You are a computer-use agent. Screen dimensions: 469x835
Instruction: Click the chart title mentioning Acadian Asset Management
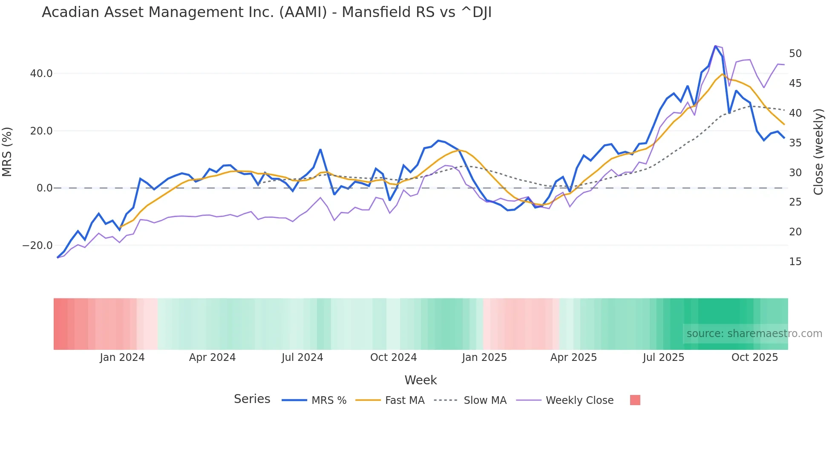point(267,12)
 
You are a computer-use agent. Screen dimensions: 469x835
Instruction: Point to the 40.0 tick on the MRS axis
point(41,74)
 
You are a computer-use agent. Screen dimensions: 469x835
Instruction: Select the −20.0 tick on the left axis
point(37,246)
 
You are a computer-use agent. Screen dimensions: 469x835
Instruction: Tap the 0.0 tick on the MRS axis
point(45,188)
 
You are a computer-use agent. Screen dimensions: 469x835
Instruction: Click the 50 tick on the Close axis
point(795,54)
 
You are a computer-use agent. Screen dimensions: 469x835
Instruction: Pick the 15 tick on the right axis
point(795,262)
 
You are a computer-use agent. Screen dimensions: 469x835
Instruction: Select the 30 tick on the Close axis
point(795,173)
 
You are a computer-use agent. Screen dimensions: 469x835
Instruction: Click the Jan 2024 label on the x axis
point(122,357)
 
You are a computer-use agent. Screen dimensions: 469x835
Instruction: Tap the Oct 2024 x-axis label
point(393,357)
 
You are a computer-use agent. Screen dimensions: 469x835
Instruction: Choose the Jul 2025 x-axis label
point(663,357)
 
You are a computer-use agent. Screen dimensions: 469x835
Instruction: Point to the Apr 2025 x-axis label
point(573,357)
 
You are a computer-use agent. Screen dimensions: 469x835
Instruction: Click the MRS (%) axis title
point(7,152)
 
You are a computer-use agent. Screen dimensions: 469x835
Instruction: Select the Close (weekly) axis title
point(818,152)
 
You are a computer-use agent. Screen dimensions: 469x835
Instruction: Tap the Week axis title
point(420,380)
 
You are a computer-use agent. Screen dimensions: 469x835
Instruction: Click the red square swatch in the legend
point(635,400)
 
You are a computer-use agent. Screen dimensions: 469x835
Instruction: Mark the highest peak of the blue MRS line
point(715,46)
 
